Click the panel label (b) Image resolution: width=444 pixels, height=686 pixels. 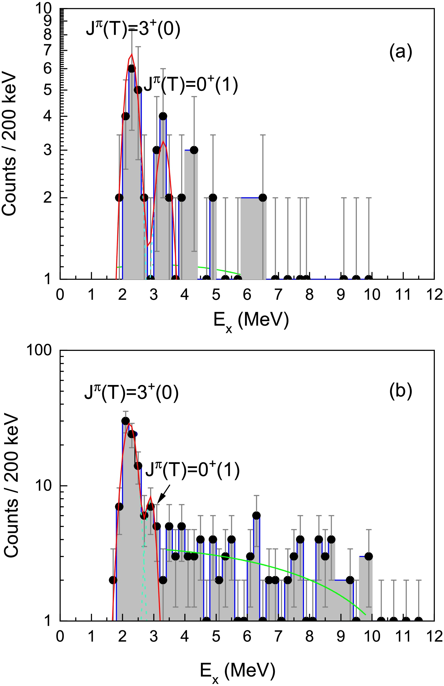coord(401,391)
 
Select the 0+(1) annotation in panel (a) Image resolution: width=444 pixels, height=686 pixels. coord(191,85)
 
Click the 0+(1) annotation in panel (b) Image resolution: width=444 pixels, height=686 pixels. coord(192,471)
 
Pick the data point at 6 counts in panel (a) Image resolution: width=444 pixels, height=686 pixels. coord(132,69)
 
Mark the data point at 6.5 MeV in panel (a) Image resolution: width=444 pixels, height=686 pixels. coord(263,198)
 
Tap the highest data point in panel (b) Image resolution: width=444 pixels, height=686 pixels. coord(125,421)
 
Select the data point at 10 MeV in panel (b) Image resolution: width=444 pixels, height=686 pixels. coord(369,556)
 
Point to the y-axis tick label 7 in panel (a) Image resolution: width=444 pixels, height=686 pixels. coord(47,50)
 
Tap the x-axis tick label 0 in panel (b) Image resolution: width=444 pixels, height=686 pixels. coord(60,636)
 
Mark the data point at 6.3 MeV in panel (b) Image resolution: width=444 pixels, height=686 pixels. coord(257,515)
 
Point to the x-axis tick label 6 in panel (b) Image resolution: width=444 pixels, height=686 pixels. coord(247,636)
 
